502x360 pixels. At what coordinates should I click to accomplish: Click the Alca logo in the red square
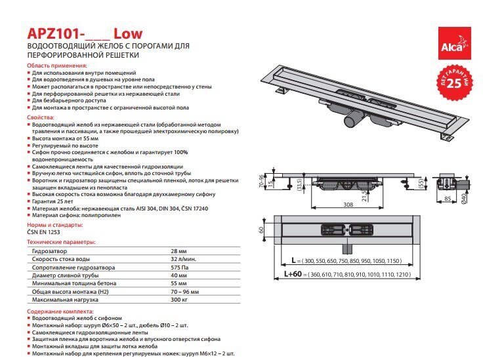(x=454, y=43)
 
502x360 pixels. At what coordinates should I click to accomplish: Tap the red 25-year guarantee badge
(x=455, y=81)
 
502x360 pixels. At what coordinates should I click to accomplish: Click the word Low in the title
(x=129, y=33)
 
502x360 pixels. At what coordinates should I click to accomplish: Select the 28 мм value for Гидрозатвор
(x=178, y=251)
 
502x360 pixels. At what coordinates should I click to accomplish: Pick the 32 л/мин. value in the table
(x=183, y=259)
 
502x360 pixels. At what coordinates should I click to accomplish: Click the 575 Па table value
(x=180, y=268)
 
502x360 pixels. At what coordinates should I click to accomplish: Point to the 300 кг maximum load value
(x=179, y=300)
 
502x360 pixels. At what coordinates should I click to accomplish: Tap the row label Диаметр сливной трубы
(x=66, y=275)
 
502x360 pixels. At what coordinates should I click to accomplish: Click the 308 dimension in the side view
(x=348, y=204)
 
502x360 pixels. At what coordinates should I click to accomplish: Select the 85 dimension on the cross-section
(x=448, y=199)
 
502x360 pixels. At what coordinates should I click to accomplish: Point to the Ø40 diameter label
(x=464, y=198)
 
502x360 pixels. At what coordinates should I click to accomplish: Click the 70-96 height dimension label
(x=261, y=181)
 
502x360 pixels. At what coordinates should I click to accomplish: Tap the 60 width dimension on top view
(x=261, y=230)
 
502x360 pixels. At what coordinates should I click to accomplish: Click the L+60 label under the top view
(x=293, y=274)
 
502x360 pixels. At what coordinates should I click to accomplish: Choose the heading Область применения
(x=57, y=66)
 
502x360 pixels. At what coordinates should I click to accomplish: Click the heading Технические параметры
(x=61, y=242)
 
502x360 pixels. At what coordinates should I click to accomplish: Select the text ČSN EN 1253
(x=43, y=232)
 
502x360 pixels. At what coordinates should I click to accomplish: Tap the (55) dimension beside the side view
(x=421, y=184)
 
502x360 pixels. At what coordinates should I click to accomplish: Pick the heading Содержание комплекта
(x=60, y=311)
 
